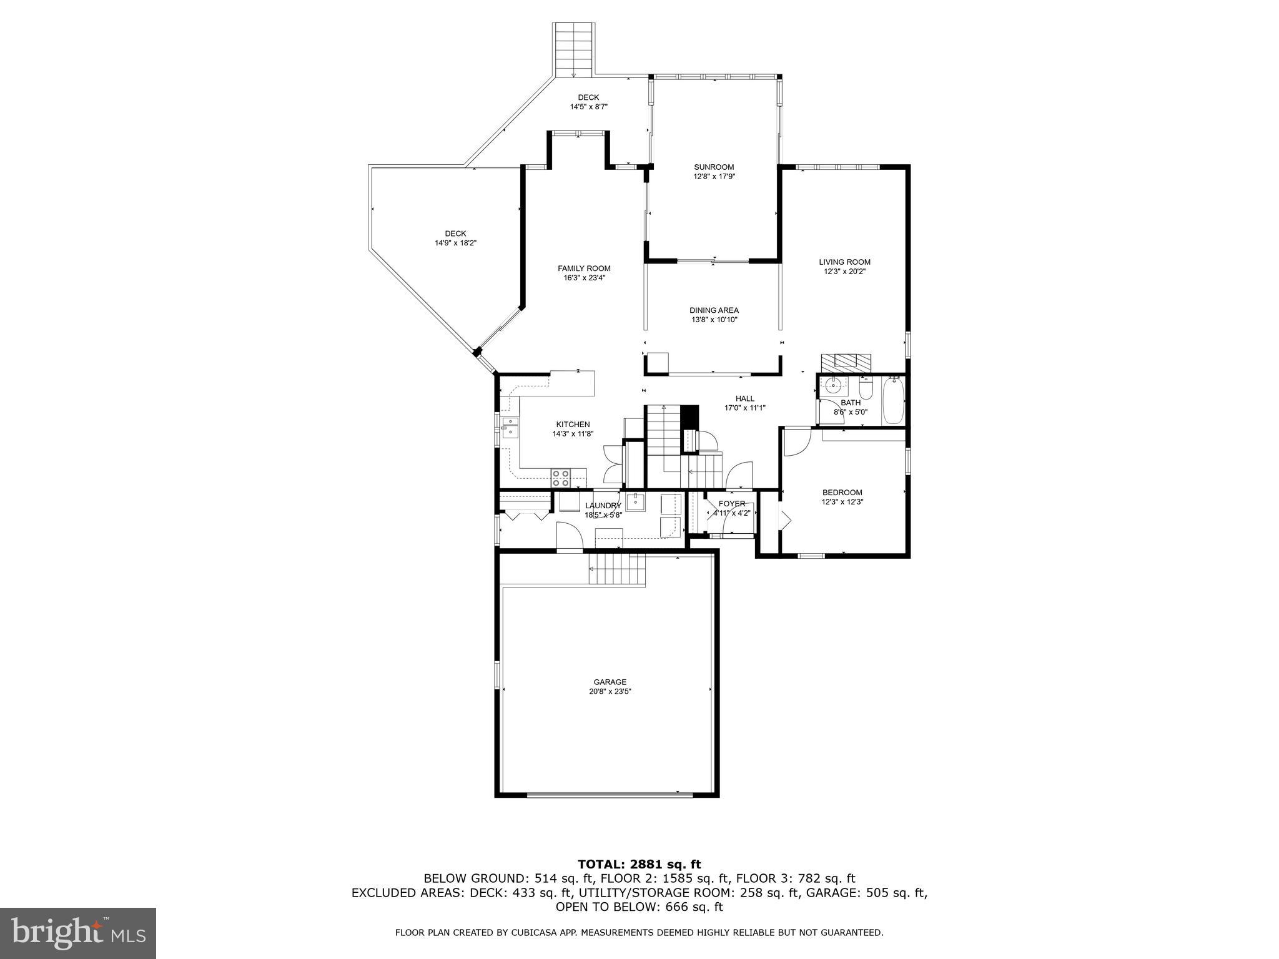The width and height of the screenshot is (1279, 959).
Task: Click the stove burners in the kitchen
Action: coord(560,478)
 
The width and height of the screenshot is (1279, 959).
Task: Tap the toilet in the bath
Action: coord(866,390)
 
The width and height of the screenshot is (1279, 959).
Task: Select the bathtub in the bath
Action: coord(893,400)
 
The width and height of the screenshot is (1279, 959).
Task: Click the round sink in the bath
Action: coord(832,385)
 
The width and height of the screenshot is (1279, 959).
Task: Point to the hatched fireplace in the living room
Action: coord(846,362)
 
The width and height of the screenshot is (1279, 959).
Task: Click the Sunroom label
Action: coord(714,167)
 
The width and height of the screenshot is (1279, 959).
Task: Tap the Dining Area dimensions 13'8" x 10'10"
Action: coord(714,320)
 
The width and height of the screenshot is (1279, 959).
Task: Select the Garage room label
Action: coord(610,682)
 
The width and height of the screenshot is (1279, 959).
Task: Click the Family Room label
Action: coord(584,268)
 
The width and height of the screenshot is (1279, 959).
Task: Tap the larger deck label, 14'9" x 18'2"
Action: coord(456,243)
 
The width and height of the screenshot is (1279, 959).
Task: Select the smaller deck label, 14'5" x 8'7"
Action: coord(588,107)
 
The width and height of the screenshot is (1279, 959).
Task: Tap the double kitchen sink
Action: coord(510,426)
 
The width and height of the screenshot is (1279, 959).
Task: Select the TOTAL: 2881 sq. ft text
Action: coord(639,864)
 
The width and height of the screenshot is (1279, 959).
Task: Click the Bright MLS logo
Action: coord(78,933)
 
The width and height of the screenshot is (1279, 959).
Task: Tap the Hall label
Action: coord(744,398)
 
